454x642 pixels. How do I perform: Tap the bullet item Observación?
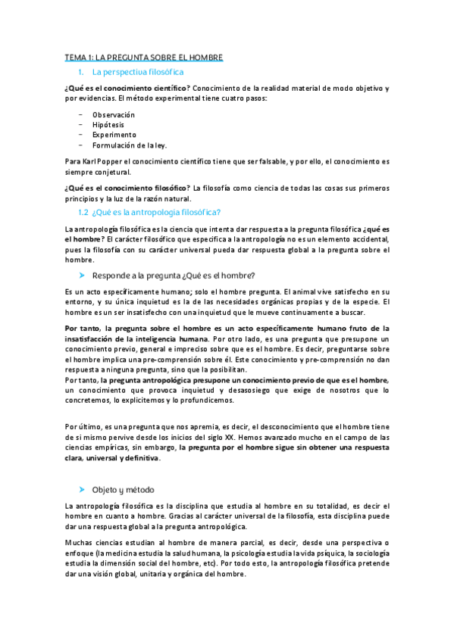click(x=114, y=114)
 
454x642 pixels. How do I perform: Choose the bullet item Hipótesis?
click(x=108, y=124)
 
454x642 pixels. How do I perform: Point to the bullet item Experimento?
click(x=114, y=135)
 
